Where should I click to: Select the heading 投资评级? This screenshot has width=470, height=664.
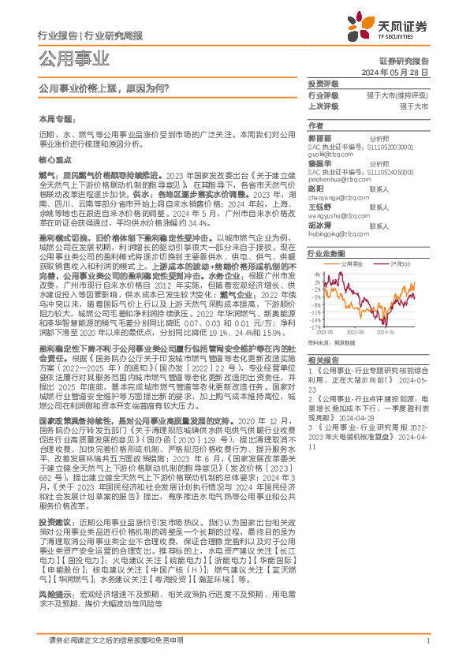click(x=323, y=83)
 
